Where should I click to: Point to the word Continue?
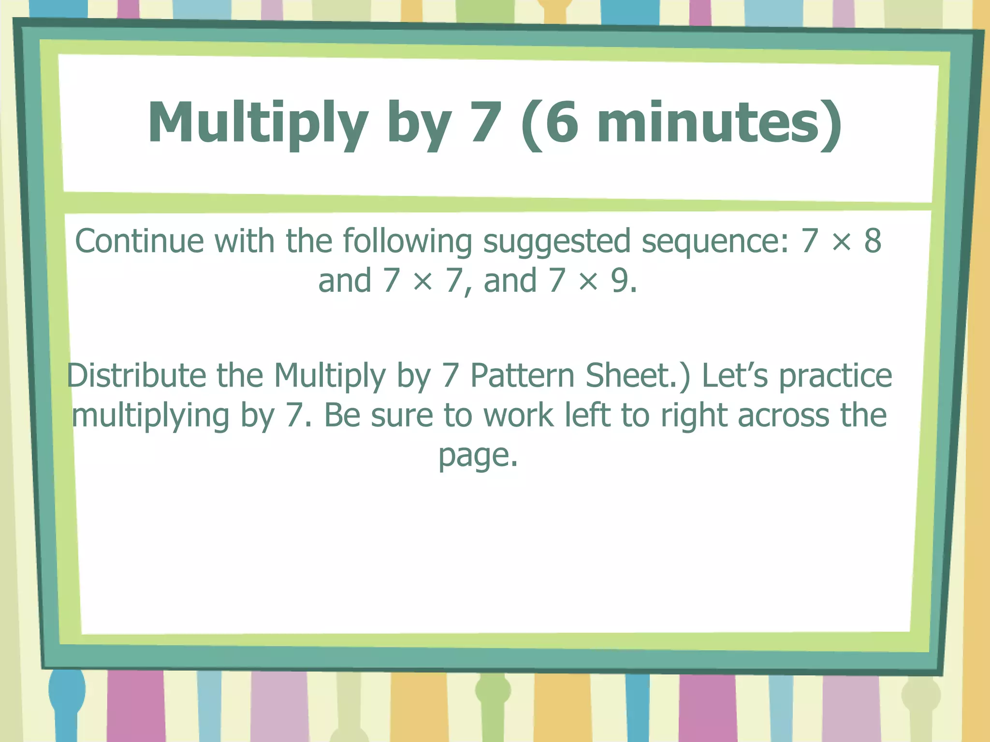(139, 241)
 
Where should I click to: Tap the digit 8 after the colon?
(873, 241)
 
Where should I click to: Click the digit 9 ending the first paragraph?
(620, 280)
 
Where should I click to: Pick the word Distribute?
(136, 375)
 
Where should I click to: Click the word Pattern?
(523, 375)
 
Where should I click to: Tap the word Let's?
(735, 375)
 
